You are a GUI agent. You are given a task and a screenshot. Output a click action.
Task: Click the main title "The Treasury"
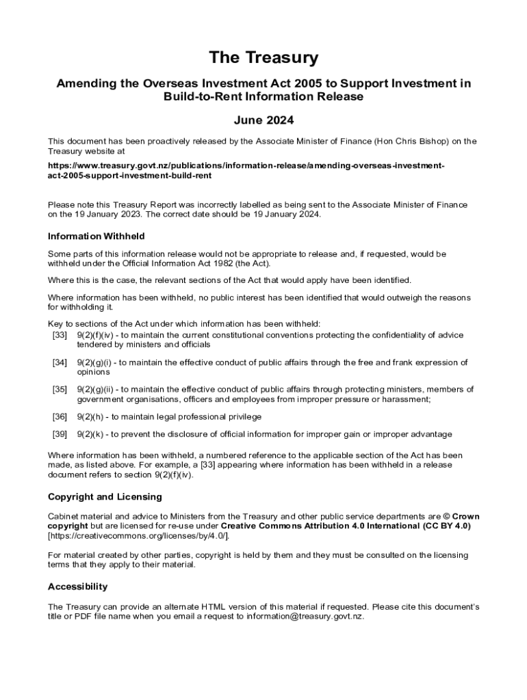coord(263,57)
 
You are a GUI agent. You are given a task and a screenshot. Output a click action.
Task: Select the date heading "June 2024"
coord(263,120)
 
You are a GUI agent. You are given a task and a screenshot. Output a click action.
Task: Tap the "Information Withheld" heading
coord(96,236)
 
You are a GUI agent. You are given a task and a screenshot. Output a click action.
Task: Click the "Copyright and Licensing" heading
coord(105,496)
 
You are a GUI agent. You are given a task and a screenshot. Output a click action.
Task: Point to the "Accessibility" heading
coord(77,587)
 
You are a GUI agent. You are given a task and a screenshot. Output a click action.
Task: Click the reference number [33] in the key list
coord(60,335)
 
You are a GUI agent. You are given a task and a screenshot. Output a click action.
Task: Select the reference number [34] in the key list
coord(60,362)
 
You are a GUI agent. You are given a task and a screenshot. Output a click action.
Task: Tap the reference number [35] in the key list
coord(60,389)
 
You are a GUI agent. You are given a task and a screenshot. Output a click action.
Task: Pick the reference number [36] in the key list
coord(60,416)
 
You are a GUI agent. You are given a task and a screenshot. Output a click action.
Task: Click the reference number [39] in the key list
coord(60,434)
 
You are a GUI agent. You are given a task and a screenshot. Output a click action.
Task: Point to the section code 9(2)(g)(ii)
coord(97,389)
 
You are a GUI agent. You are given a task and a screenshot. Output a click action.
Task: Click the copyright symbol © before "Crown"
coord(447,516)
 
